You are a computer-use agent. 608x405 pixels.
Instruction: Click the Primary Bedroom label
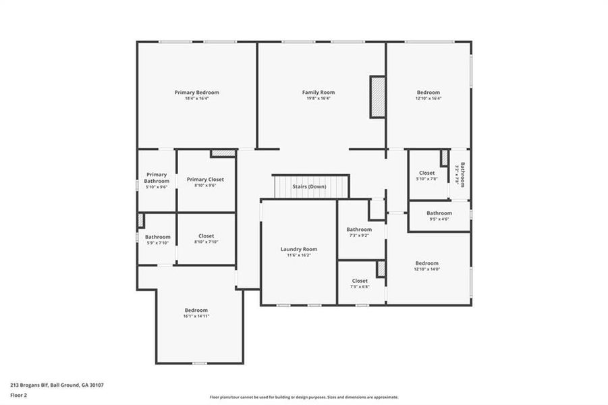(197, 92)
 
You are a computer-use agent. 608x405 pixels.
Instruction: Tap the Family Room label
(319, 92)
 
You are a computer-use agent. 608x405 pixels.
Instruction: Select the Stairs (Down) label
(310, 186)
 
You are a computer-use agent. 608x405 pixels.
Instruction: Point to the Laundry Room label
(299, 249)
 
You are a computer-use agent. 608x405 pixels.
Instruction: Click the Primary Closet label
(205, 180)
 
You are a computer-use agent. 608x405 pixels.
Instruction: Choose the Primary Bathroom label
(157, 178)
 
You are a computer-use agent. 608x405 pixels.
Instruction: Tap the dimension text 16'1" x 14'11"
(196, 316)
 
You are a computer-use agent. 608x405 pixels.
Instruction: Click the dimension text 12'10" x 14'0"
(427, 269)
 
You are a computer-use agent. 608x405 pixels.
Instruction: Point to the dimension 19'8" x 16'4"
(319, 99)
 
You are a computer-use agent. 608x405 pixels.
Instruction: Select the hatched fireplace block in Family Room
(377, 99)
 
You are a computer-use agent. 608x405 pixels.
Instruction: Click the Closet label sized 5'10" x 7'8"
(427, 173)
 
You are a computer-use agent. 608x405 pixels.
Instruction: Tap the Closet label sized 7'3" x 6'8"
(360, 281)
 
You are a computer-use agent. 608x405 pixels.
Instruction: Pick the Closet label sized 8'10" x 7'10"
(206, 236)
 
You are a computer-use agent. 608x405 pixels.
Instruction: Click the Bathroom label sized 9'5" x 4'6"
(439, 213)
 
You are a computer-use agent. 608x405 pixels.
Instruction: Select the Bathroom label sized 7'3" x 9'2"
(360, 230)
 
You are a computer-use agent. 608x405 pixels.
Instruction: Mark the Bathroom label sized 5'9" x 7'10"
(158, 237)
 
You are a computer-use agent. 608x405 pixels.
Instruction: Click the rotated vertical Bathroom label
(462, 174)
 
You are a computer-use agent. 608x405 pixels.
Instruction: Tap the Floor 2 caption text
(19, 396)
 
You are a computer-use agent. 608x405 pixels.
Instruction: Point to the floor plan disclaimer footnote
(304, 398)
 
